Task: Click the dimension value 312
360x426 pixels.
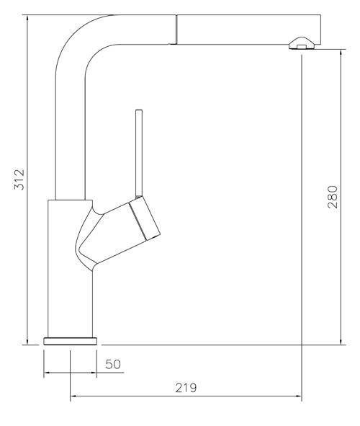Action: [x=19, y=179]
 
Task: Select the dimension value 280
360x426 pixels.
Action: [x=332, y=197]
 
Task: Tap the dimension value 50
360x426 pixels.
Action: [x=113, y=364]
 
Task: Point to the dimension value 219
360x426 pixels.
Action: [x=186, y=388]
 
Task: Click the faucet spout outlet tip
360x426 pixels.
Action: [x=302, y=46]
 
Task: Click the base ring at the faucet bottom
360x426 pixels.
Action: [x=70, y=340]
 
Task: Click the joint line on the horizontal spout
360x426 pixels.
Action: [x=175, y=29]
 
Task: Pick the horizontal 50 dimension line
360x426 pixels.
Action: [x=70, y=373]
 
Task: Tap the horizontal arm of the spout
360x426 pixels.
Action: [x=238, y=29]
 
